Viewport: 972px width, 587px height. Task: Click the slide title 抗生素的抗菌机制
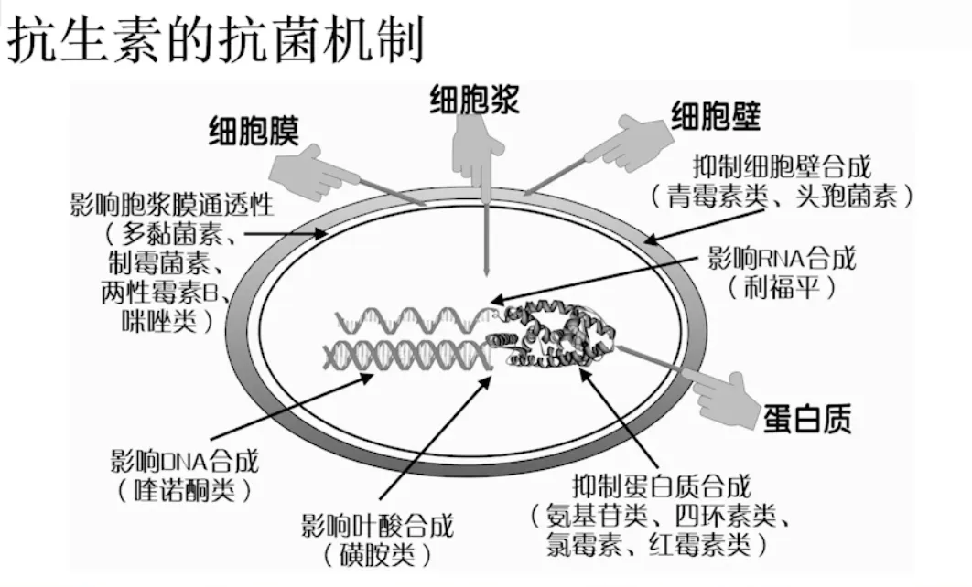click(216, 41)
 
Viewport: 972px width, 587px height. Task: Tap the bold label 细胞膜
click(254, 132)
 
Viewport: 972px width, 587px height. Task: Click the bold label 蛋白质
click(806, 418)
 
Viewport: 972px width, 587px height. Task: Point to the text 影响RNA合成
click(783, 258)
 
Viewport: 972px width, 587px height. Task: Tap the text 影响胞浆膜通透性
click(171, 203)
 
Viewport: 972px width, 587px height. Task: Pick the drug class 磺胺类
click(376, 554)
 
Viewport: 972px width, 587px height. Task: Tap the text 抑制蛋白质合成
click(661, 484)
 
